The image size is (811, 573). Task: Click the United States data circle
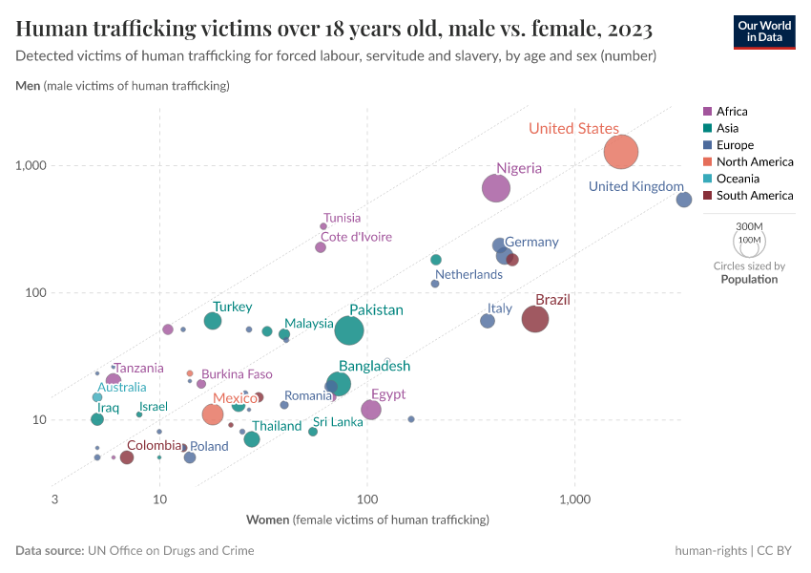pos(621,151)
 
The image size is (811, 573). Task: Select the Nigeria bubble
pos(496,188)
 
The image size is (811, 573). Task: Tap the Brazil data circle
pos(535,319)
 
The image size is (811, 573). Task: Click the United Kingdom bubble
pos(684,200)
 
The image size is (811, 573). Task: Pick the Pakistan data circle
pos(350,330)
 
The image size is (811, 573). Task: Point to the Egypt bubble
pos(371,410)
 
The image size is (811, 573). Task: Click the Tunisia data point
pos(323,226)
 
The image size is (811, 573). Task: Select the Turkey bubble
pos(213,321)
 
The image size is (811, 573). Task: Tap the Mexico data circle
pos(213,414)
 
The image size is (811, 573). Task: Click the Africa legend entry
pos(732,112)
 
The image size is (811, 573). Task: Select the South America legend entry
pos(754,196)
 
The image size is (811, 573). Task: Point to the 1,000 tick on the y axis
pos(31,166)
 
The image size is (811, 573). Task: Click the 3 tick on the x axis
pos(55,499)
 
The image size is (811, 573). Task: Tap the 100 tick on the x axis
pos(367,499)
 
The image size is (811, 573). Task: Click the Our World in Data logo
pos(764,31)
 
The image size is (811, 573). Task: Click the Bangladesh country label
pos(375,366)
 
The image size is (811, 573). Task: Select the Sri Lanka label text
pos(338,422)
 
